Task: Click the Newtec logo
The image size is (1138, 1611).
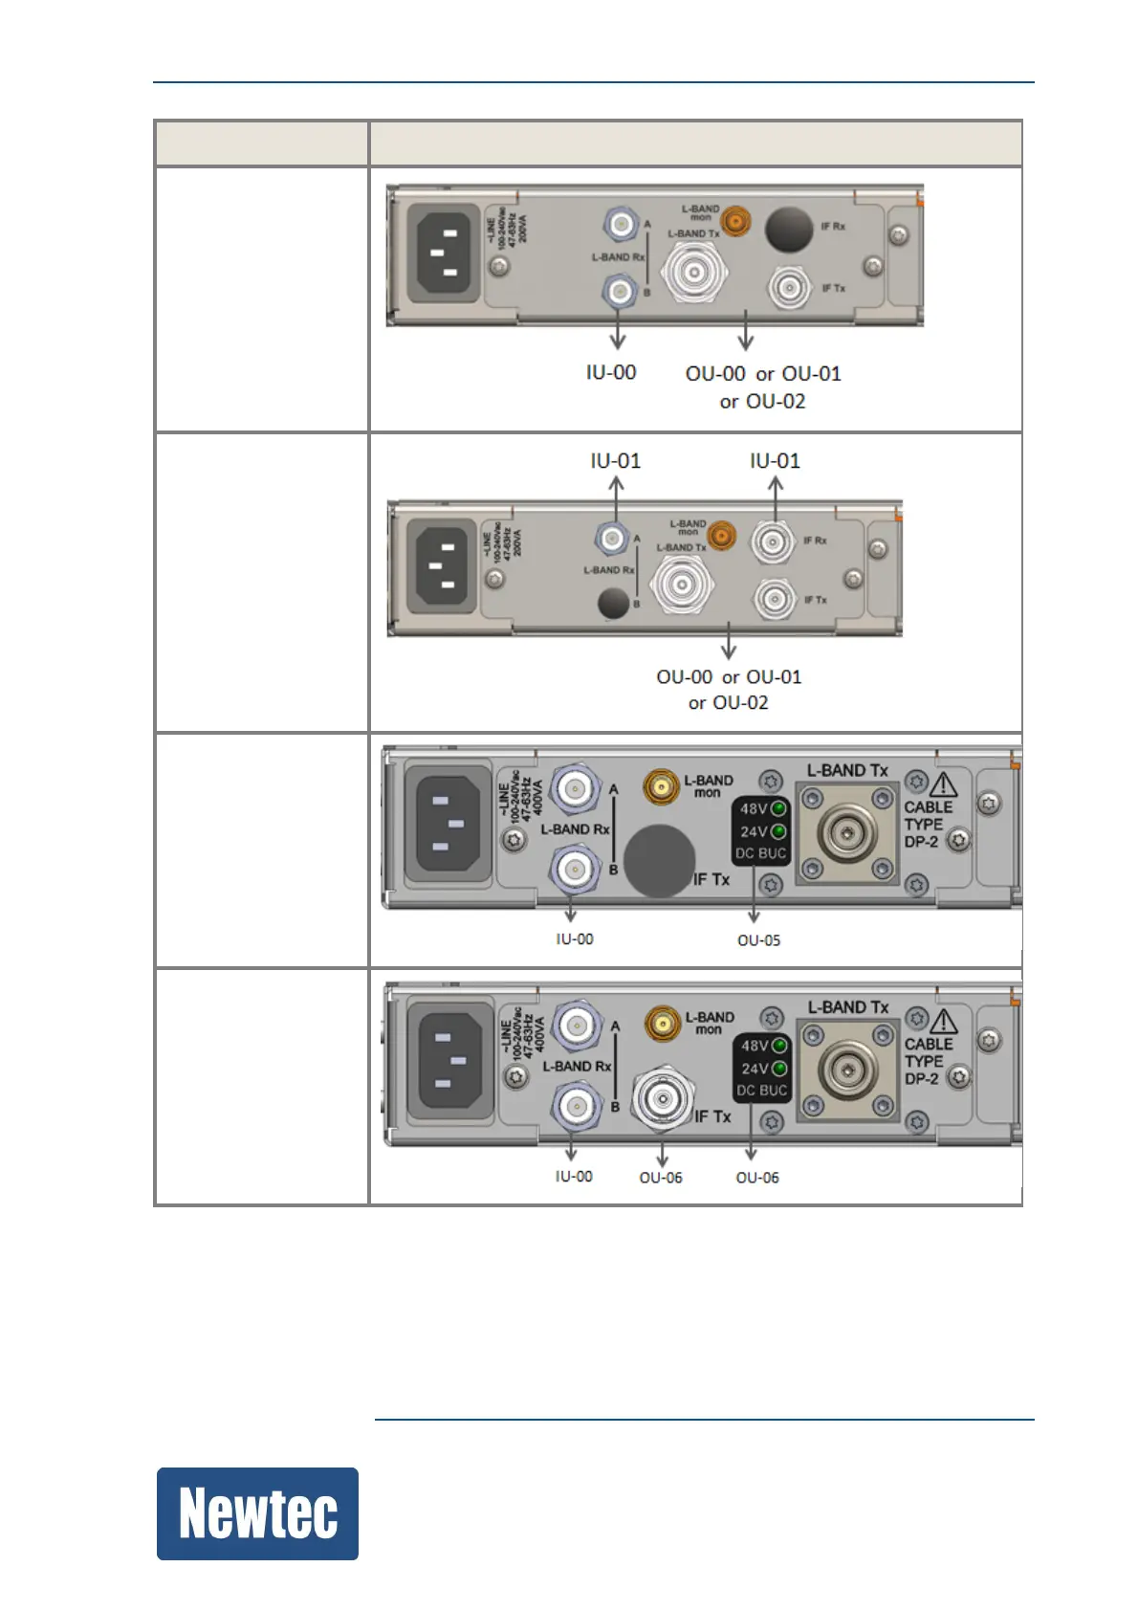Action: pyautogui.click(x=257, y=1513)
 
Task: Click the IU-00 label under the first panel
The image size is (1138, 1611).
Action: pyautogui.click(x=611, y=372)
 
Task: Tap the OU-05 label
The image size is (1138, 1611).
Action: pyautogui.click(x=758, y=940)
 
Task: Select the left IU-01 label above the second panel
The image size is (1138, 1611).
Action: pyautogui.click(x=616, y=461)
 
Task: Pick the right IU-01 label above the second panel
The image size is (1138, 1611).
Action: pyautogui.click(x=775, y=461)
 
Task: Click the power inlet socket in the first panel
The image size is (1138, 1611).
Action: pyautogui.click(x=444, y=253)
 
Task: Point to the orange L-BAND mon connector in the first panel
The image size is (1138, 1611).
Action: pyautogui.click(x=734, y=222)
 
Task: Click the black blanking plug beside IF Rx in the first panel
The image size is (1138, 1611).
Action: pyautogui.click(x=789, y=229)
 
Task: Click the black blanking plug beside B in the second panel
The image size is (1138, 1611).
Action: pyautogui.click(x=613, y=603)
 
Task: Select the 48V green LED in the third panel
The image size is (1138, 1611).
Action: pyautogui.click(x=779, y=808)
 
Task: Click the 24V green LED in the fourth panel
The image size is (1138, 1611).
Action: pyautogui.click(x=779, y=1069)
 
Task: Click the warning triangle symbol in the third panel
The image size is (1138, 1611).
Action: pyautogui.click(x=943, y=785)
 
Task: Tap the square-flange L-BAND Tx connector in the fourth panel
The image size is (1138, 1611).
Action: pyautogui.click(x=848, y=1070)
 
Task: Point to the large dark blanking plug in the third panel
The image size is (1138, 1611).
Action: pyautogui.click(x=659, y=861)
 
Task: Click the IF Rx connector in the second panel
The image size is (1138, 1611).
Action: pyautogui.click(x=771, y=542)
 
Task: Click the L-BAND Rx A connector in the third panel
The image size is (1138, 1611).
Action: pyautogui.click(x=575, y=788)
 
